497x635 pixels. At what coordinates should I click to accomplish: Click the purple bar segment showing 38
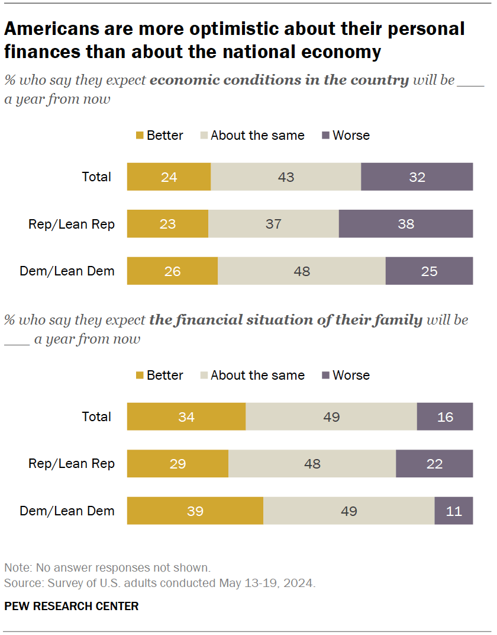point(406,224)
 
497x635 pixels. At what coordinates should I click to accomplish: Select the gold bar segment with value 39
point(195,511)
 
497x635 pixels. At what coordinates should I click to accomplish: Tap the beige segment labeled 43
point(286,177)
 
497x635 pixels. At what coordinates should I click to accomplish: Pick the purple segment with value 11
point(454,511)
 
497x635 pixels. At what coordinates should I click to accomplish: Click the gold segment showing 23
point(167,224)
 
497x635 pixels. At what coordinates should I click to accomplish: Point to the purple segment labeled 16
point(445,416)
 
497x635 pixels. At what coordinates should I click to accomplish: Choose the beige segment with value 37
point(273,224)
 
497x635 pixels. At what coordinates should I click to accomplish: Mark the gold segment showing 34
point(186,416)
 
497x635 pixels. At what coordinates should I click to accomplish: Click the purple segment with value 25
point(429,271)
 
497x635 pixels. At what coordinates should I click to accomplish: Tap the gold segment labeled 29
point(177,463)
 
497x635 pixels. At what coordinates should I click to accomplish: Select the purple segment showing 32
point(417,177)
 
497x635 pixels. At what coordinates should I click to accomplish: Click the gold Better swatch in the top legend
point(140,136)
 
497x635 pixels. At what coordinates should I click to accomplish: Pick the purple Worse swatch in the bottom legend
point(325,376)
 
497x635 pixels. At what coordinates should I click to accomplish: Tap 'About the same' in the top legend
point(257,136)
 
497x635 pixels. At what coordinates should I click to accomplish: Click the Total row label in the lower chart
point(96,416)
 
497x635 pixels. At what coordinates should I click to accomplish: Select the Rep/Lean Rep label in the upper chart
point(72,224)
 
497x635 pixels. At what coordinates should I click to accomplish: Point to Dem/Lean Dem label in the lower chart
point(67,511)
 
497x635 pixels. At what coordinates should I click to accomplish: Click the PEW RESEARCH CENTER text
point(72,606)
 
